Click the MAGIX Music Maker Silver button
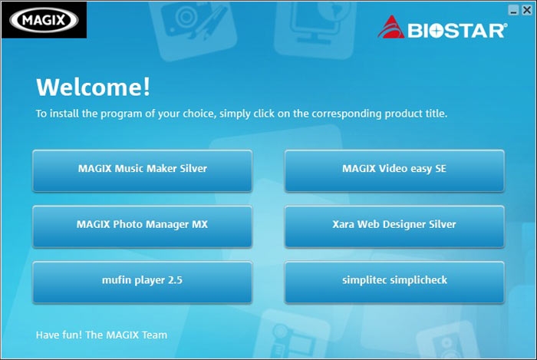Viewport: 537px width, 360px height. pyautogui.click(x=143, y=170)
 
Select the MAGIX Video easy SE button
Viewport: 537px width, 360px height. pyautogui.click(x=394, y=170)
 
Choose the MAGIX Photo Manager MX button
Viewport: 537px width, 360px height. pyautogui.click(x=143, y=226)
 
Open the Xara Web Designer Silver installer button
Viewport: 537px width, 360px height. pyautogui.click(x=394, y=226)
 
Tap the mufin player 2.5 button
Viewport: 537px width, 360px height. pyautogui.click(x=143, y=282)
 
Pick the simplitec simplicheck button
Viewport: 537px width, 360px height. pyautogui.click(x=394, y=282)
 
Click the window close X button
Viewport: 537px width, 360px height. pyautogui.click(x=527, y=10)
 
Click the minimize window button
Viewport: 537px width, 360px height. pyautogui.click(x=513, y=10)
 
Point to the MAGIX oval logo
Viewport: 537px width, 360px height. pyautogui.click(x=44, y=20)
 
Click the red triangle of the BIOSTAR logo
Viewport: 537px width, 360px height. pyautogui.click(x=390, y=27)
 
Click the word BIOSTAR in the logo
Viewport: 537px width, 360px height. pyautogui.click(x=457, y=31)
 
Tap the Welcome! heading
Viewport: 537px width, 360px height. pyautogui.click(x=93, y=86)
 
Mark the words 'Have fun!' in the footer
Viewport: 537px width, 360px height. pyautogui.click(x=59, y=335)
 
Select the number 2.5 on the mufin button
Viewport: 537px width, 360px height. pyautogui.click(x=175, y=280)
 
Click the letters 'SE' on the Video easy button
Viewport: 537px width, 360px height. pyautogui.click(x=441, y=169)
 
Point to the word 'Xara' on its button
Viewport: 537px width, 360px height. pyautogui.click(x=344, y=224)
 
